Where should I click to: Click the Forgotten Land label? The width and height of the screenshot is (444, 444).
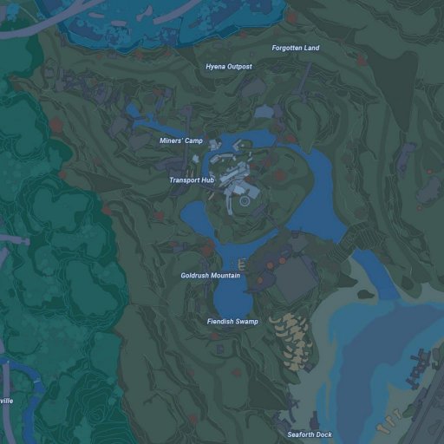click(295, 48)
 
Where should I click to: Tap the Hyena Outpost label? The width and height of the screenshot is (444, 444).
click(229, 67)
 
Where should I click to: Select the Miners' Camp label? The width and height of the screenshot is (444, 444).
click(180, 140)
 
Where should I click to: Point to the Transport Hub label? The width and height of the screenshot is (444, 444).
click(191, 180)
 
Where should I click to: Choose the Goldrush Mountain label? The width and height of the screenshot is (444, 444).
click(210, 276)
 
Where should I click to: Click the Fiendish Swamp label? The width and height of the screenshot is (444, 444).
click(232, 322)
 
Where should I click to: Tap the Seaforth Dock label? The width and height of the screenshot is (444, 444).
click(310, 434)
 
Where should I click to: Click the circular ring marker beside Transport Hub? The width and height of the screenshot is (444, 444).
click(245, 200)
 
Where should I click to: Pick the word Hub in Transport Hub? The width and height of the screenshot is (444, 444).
click(206, 180)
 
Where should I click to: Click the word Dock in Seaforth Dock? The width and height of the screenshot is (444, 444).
click(323, 434)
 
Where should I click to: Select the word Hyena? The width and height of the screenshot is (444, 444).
click(216, 67)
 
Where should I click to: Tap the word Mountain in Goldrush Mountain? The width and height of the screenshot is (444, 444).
click(225, 276)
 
